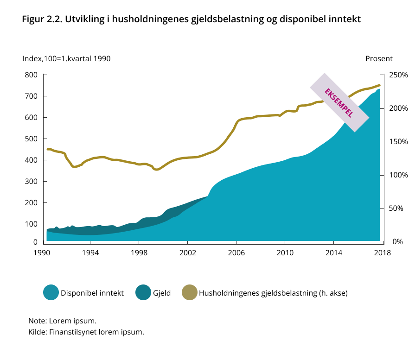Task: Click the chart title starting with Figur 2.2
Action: (x=191, y=20)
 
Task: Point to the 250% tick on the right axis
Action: (x=398, y=75)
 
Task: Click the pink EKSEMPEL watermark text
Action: (x=339, y=102)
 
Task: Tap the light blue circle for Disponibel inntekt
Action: (x=51, y=293)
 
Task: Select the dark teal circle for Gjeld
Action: (x=143, y=293)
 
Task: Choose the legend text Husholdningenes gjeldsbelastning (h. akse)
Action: (x=273, y=293)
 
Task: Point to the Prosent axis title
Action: (x=379, y=59)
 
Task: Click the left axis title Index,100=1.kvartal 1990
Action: (x=66, y=59)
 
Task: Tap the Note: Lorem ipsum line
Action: (x=63, y=321)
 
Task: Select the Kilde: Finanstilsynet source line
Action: (x=86, y=332)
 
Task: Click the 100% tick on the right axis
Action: (x=398, y=175)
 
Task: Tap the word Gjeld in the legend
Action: (x=162, y=293)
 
